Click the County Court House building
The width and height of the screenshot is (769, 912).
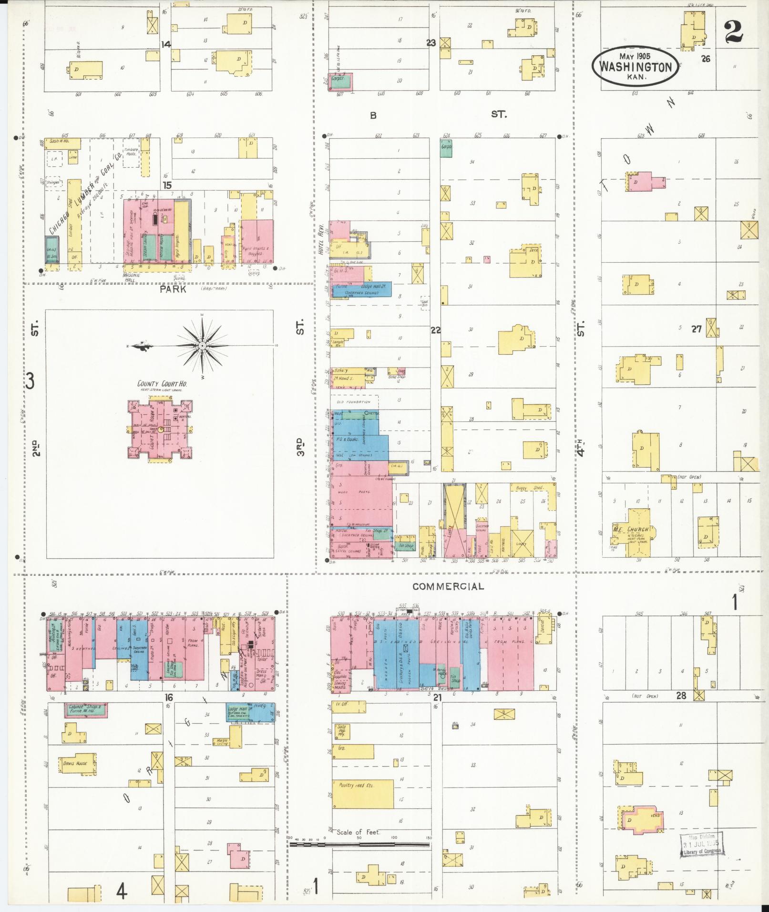(x=160, y=430)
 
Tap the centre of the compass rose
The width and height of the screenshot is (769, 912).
(x=202, y=345)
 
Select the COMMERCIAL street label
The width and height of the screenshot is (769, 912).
(x=448, y=586)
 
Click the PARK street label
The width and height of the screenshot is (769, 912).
(x=173, y=289)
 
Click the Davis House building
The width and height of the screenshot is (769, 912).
(x=76, y=763)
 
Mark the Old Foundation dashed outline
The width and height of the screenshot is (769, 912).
(x=354, y=402)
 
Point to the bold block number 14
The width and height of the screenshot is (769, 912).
(x=165, y=44)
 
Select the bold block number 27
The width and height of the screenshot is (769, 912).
(x=697, y=328)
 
